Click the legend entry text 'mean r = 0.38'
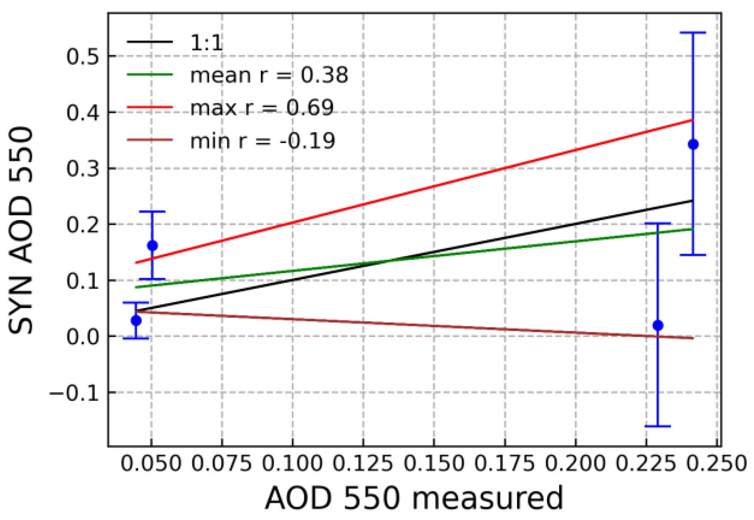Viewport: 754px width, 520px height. point(269,75)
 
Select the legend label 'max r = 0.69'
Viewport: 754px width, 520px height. point(262,108)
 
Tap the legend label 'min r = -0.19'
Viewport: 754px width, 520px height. point(263,141)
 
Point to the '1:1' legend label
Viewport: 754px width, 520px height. point(206,42)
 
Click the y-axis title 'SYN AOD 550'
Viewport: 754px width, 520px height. point(21,230)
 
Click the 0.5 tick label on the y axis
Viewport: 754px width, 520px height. point(82,57)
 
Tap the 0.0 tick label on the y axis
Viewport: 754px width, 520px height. point(82,337)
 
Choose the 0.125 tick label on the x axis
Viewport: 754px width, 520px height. point(363,463)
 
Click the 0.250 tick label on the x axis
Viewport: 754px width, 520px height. point(716,463)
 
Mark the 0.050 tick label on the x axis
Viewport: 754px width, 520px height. point(151,463)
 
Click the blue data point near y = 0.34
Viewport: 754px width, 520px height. point(693,144)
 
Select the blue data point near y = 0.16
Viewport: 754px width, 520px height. point(152,246)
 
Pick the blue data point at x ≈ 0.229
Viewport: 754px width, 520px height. point(657,326)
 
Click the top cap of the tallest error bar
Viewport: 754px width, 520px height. point(693,33)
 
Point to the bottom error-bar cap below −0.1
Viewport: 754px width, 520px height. point(657,426)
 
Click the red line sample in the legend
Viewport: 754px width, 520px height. point(150,107)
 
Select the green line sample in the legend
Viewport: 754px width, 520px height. point(150,75)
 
